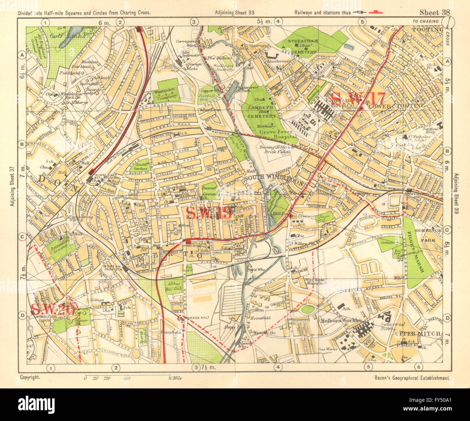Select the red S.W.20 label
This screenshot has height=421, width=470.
pyautogui.click(x=53, y=310)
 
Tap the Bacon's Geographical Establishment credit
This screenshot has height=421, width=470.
pyautogui.click(x=412, y=378)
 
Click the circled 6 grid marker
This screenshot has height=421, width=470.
pyautogui.click(x=418, y=367)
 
